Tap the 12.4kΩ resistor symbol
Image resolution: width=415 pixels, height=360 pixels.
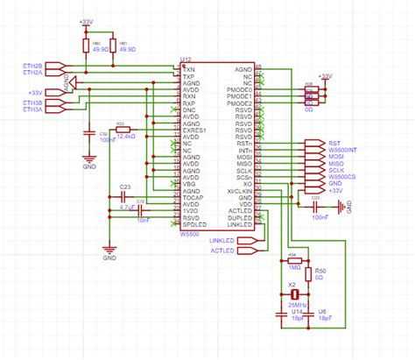[x=123, y=131]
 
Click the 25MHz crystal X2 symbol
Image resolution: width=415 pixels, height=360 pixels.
[x=295, y=293]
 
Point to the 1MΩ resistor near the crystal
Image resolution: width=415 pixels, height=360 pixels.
[x=294, y=260]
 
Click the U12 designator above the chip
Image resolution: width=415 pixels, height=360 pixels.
[x=186, y=60]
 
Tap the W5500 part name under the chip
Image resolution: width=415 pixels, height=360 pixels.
[x=191, y=232]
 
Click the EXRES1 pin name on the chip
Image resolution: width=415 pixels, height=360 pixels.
[x=197, y=131]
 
